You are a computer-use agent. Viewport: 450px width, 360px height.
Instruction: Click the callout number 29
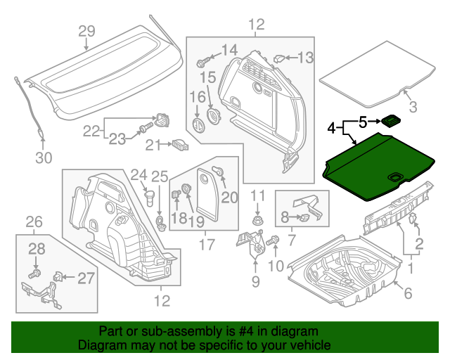pyautogui.click(x=86, y=31)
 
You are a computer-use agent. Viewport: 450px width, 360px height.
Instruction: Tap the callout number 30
pyautogui.click(x=44, y=158)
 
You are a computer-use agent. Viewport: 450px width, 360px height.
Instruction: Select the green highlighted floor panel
pyautogui.click(x=380, y=167)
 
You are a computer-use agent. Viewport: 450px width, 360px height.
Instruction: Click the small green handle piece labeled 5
pyautogui.click(x=391, y=121)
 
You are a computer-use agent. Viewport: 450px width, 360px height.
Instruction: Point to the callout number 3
pyautogui.click(x=413, y=107)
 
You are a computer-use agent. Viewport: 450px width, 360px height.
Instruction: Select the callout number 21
pyautogui.click(x=153, y=145)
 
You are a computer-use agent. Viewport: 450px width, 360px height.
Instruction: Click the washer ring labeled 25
pyautogui.click(x=160, y=224)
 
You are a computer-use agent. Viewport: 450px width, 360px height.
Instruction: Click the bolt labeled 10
pyautogui.click(x=273, y=241)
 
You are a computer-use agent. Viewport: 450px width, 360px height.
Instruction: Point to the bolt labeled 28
pyautogui.click(x=36, y=271)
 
